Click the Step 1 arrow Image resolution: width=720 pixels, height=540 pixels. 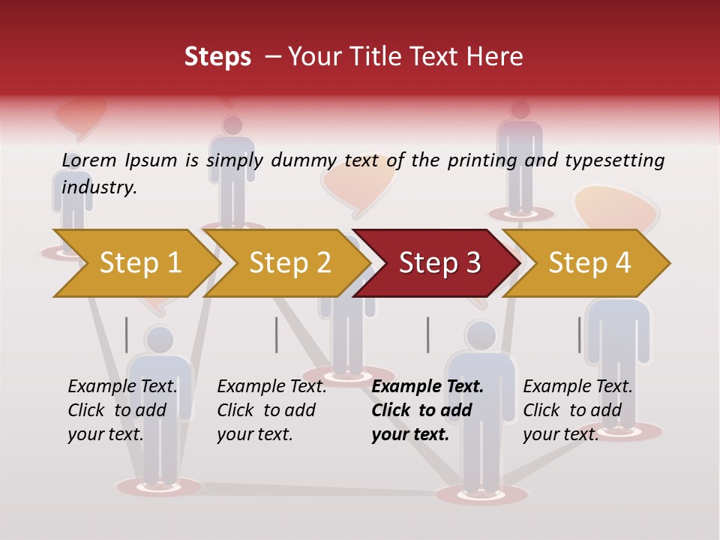[x=140, y=263]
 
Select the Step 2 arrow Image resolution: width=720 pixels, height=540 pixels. [x=290, y=263]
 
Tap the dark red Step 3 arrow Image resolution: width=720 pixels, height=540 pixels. [x=439, y=263]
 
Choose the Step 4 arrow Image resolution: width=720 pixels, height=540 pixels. [x=589, y=263]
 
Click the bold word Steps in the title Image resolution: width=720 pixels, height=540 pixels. [x=217, y=57]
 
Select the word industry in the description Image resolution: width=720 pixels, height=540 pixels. [x=99, y=187]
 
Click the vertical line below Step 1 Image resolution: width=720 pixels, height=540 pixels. [x=127, y=334]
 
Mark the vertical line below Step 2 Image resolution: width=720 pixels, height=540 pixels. [x=277, y=334]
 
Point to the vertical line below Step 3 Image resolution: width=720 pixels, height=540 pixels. [x=427, y=334]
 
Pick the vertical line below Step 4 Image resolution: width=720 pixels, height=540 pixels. [x=579, y=334]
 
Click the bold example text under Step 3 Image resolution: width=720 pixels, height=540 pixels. [x=427, y=410]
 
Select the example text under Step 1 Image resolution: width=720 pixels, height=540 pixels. [x=122, y=410]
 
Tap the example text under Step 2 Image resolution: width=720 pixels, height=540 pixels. [x=271, y=410]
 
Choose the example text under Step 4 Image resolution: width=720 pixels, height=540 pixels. [x=577, y=410]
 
